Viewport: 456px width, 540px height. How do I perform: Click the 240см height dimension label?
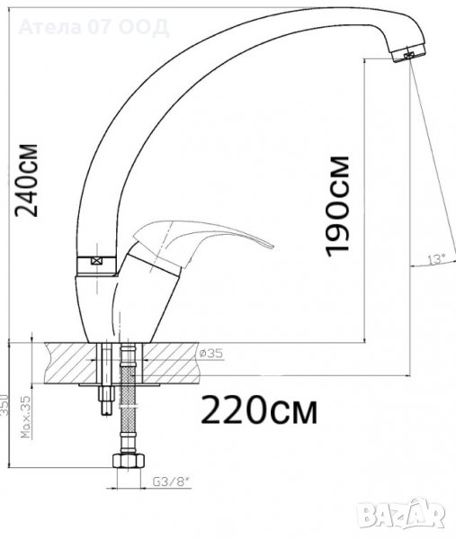[26, 180]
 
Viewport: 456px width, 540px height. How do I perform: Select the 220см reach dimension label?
[259, 409]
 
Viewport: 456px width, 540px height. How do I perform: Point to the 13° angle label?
[436, 258]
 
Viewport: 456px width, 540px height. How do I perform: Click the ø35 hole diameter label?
[211, 353]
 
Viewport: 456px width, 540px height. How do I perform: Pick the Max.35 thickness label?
[26, 417]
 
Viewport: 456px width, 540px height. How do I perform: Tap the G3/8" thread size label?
[171, 482]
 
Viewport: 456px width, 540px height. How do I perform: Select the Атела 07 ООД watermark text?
[94, 27]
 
